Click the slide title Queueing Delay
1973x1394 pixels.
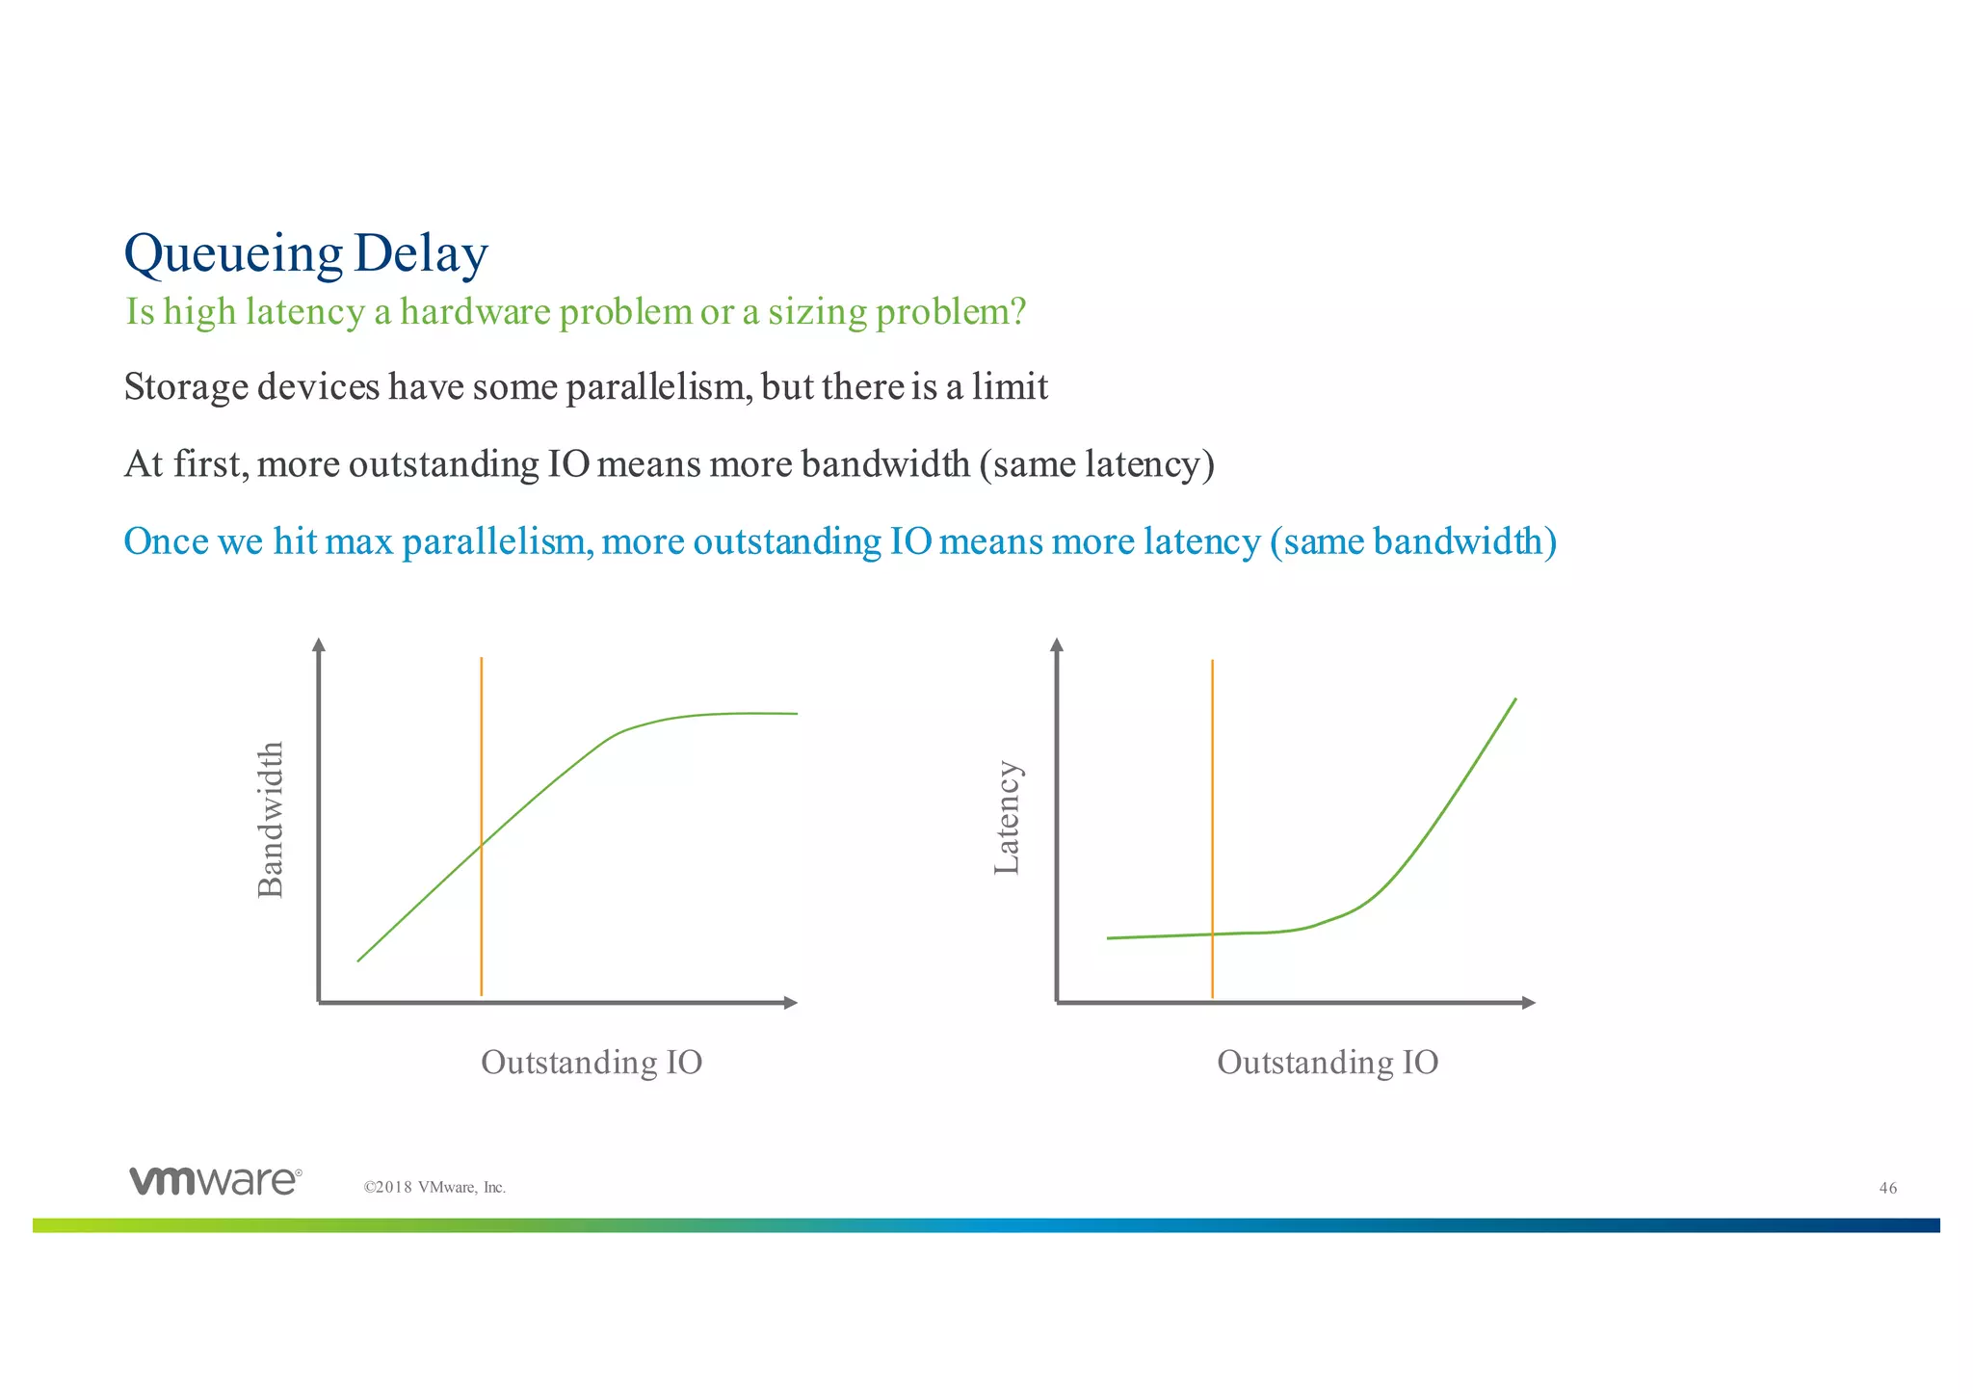coord(306,253)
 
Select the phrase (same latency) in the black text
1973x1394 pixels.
coord(1096,464)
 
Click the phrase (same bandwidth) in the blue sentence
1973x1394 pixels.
coord(1412,541)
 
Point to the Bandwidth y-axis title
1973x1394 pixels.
coord(272,819)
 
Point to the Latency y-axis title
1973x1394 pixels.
coord(1007,818)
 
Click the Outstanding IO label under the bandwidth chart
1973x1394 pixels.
coord(591,1062)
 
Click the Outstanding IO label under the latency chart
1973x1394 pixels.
coord(1327,1062)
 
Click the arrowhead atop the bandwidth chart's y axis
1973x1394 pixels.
coord(319,644)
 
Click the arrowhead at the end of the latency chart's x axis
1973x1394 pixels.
coord(1528,1003)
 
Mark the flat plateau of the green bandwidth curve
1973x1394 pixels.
coord(742,714)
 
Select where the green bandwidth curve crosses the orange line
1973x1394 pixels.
coord(481,845)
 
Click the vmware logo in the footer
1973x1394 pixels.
coord(215,1180)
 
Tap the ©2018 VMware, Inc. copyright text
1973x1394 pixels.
coord(434,1188)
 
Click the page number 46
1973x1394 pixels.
coord(1887,1188)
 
